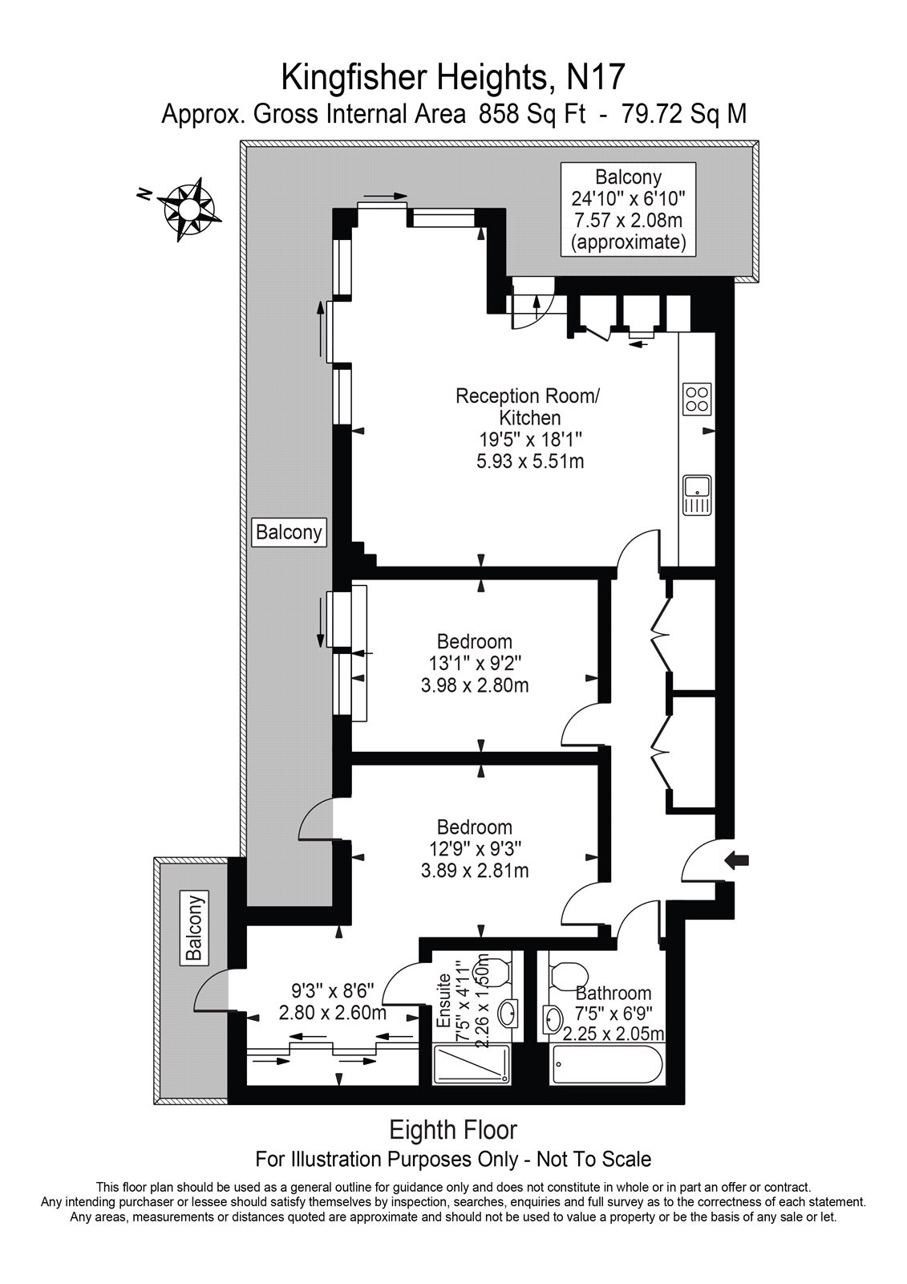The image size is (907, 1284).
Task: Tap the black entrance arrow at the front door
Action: pyautogui.click(x=735, y=860)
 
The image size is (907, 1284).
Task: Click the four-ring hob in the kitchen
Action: pyautogui.click(x=696, y=399)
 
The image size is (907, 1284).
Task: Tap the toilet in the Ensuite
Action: pyautogui.click(x=496, y=972)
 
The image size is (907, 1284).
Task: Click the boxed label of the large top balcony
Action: pyautogui.click(x=628, y=209)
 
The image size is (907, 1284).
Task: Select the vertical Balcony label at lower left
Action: pyautogui.click(x=193, y=927)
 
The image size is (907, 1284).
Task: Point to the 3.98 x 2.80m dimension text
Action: pyautogui.click(x=474, y=686)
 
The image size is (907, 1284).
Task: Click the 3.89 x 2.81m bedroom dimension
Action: pyautogui.click(x=474, y=871)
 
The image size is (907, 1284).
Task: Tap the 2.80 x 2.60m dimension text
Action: pyautogui.click(x=332, y=1012)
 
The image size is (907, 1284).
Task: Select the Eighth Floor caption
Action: pyautogui.click(x=453, y=1130)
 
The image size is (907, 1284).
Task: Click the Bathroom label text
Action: pyautogui.click(x=613, y=993)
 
